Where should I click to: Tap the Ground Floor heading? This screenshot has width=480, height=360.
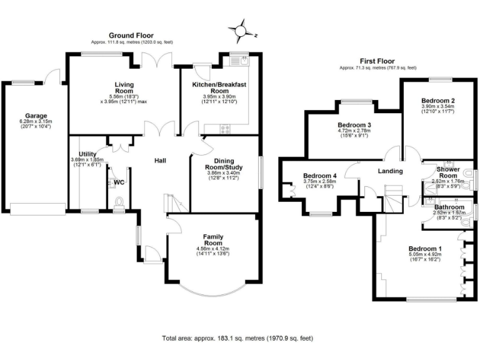point(131,36)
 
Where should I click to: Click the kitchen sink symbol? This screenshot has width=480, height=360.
point(240,61)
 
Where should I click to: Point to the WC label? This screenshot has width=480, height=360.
point(118,183)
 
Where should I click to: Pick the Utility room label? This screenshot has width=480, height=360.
point(88,154)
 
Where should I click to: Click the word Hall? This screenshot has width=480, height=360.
point(161,161)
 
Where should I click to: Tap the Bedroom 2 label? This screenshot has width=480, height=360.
point(437,101)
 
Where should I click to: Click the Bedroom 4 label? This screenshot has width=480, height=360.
point(319,176)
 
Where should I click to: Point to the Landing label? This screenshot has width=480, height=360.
point(390,171)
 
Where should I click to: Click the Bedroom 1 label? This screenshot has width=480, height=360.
point(425,247)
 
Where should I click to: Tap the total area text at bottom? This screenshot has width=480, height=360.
point(238,337)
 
